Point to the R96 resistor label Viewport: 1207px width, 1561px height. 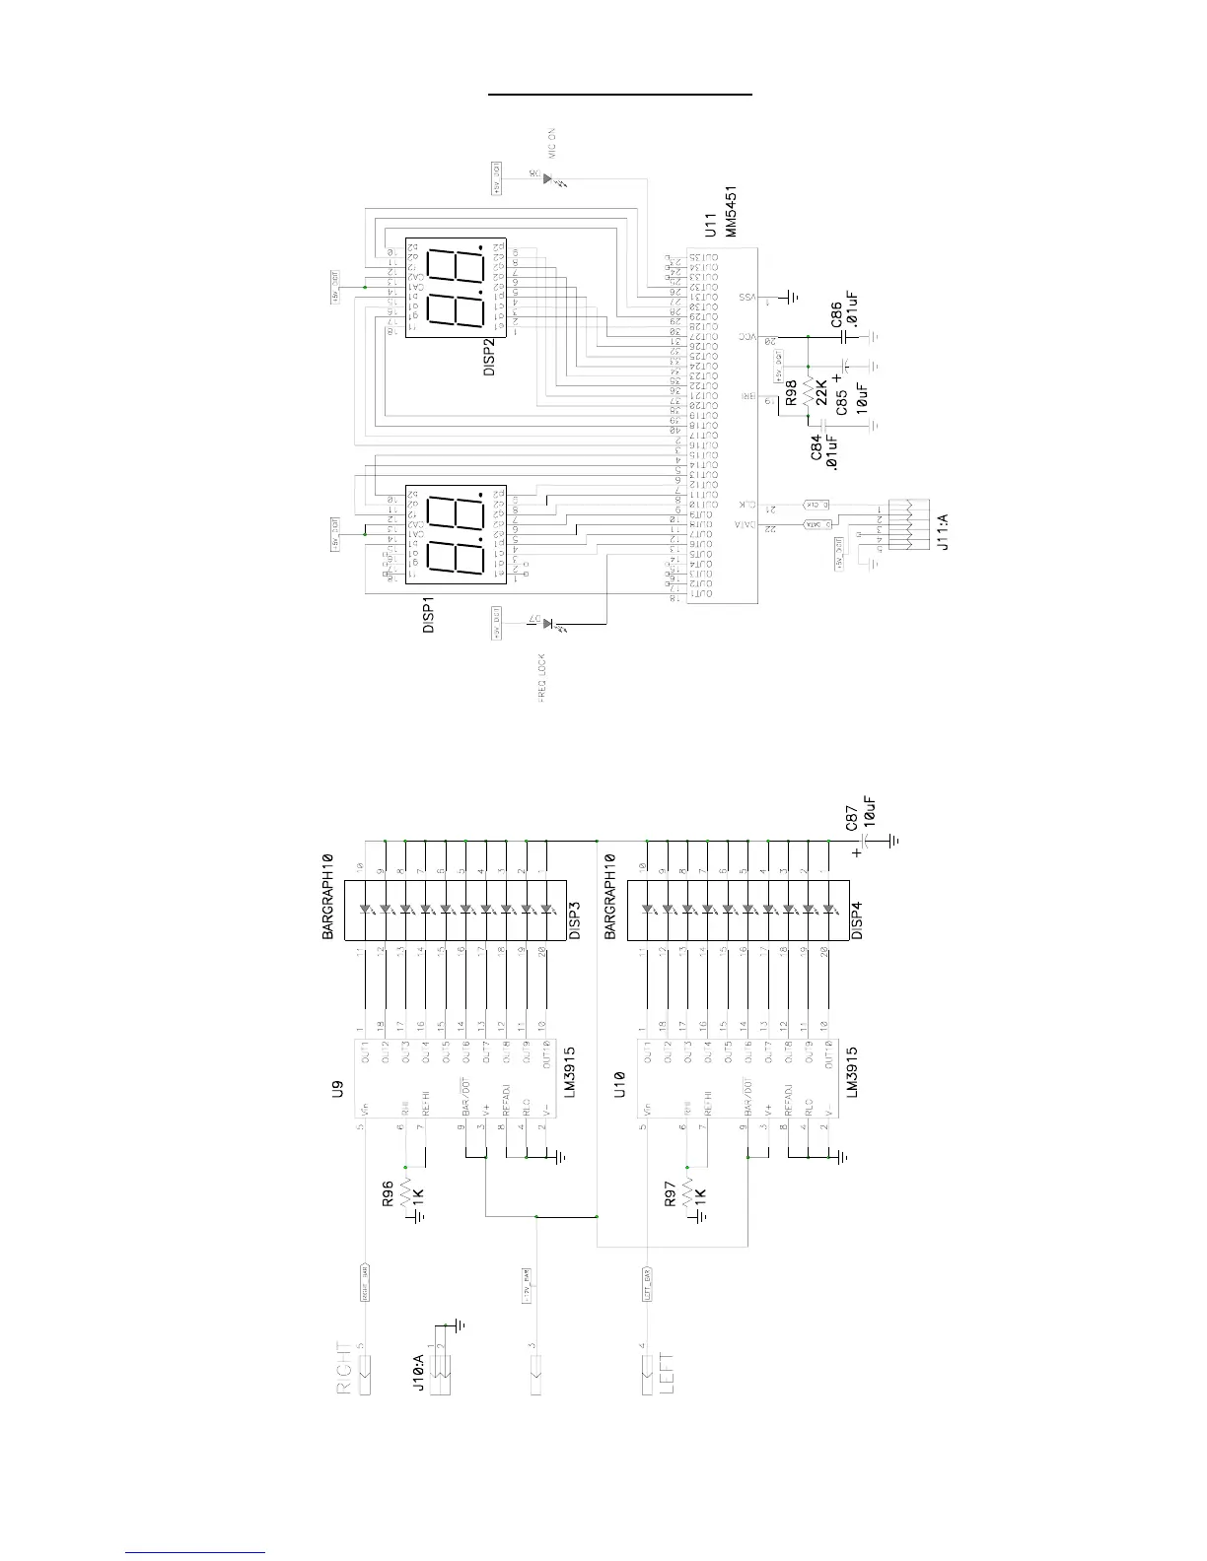[388, 1194]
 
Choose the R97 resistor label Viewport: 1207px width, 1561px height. [670, 1194]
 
